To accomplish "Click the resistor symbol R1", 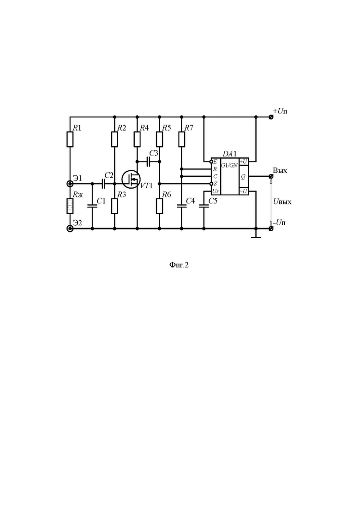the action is [x=70, y=139].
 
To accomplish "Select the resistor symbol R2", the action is [x=114, y=139].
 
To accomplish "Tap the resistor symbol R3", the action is [x=114, y=206].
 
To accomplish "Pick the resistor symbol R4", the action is [x=137, y=139].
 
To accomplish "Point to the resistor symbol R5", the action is [x=159, y=139].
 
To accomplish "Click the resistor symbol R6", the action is [x=159, y=206].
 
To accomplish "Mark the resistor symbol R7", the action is [x=181, y=139].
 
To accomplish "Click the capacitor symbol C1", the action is [x=92, y=205].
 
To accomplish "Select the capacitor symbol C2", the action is [x=104, y=184].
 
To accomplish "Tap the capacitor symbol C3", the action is [x=148, y=162].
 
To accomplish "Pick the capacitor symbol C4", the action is [x=181, y=205].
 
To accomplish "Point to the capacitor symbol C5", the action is [x=204, y=205].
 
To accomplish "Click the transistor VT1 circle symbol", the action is [x=131, y=179].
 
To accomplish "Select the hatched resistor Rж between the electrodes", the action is [x=70, y=206].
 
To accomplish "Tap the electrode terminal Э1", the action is [x=70, y=184].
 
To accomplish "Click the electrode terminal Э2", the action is [x=70, y=228].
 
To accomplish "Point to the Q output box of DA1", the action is [x=244, y=177].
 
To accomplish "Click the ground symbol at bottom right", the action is [x=256, y=236].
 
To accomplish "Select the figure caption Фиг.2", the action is [x=179, y=265].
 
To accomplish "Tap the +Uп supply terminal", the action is [x=271, y=117].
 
